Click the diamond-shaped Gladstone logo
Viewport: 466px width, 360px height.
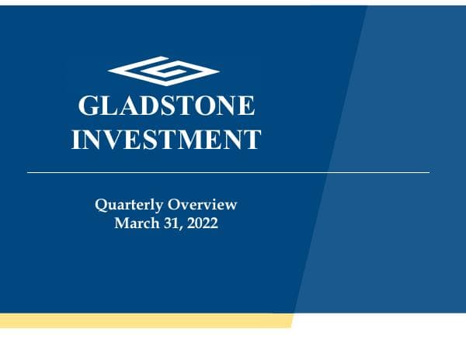(x=164, y=70)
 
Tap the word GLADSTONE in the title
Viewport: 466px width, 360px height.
(x=166, y=107)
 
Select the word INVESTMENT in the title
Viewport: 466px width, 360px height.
(x=166, y=140)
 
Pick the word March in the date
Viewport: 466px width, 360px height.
(x=133, y=223)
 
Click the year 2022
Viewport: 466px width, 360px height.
(x=201, y=223)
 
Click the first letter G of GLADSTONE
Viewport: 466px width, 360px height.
(x=89, y=107)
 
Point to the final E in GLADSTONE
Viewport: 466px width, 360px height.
(x=245, y=107)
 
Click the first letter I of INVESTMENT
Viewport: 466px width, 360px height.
(x=77, y=140)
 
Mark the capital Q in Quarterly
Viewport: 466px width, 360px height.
(x=100, y=206)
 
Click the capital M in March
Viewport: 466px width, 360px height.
(x=120, y=223)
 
